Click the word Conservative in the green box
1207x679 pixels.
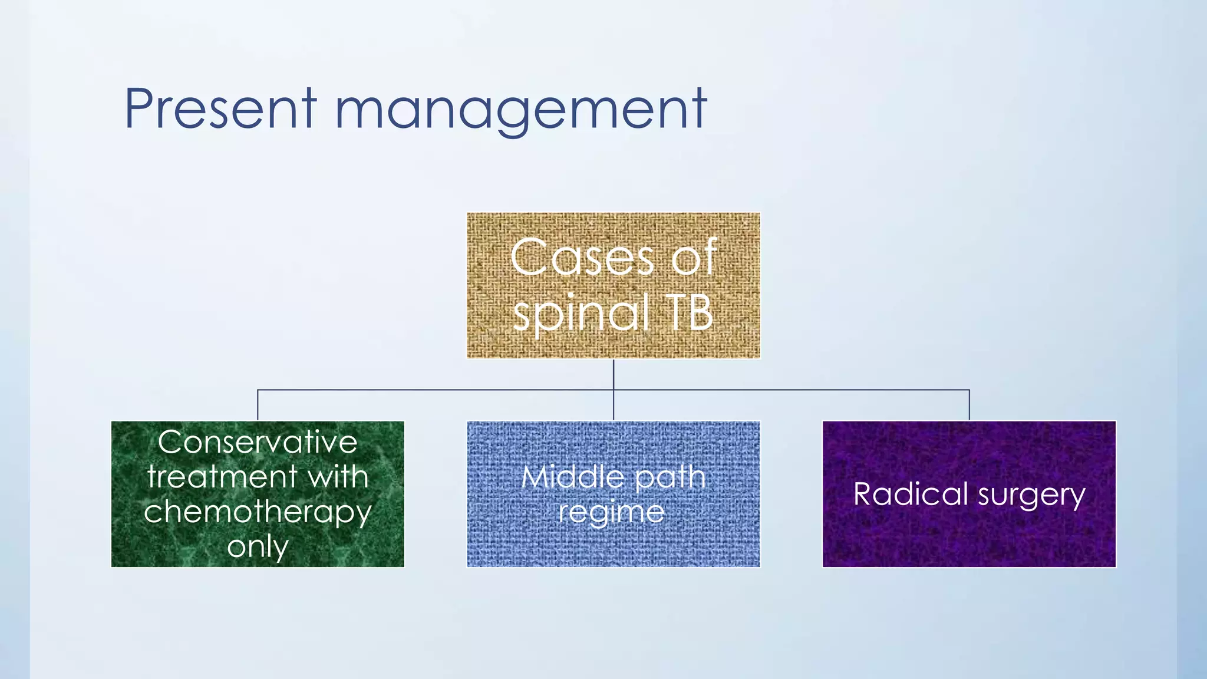click(x=258, y=442)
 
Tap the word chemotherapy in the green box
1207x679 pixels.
click(x=258, y=512)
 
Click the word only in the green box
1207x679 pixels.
click(x=258, y=547)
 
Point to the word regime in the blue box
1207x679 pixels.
click(x=611, y=512)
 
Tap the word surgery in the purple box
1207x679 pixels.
click(x=1032, y=495)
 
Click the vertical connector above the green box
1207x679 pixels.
click(x=258, y=406)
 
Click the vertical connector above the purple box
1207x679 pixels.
click(x=969, y=406)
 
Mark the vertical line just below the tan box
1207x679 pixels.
click(x=614, y=374)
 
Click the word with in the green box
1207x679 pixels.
click(x=339, y=476)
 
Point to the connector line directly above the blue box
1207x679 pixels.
click(x=614, y=407)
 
